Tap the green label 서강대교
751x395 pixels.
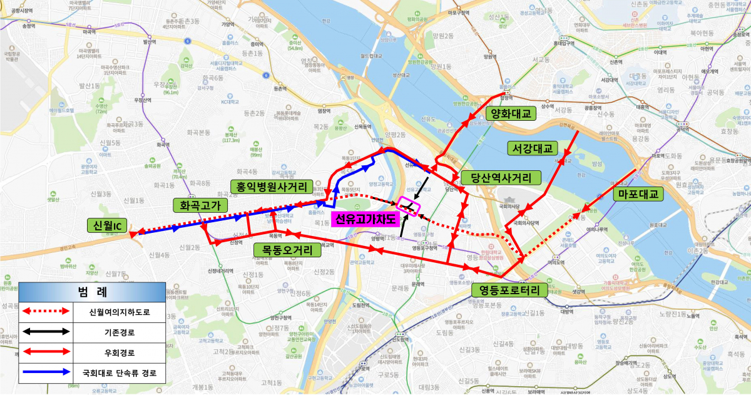coord(531,148)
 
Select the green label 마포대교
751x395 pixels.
coord(638,195)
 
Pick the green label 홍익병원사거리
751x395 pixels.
coord(271,186)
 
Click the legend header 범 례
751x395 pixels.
coord(92,292)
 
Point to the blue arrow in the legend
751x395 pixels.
coord(45,372)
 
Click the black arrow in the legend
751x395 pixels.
coord(45,332)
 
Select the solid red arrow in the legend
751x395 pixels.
coord(45,352)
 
